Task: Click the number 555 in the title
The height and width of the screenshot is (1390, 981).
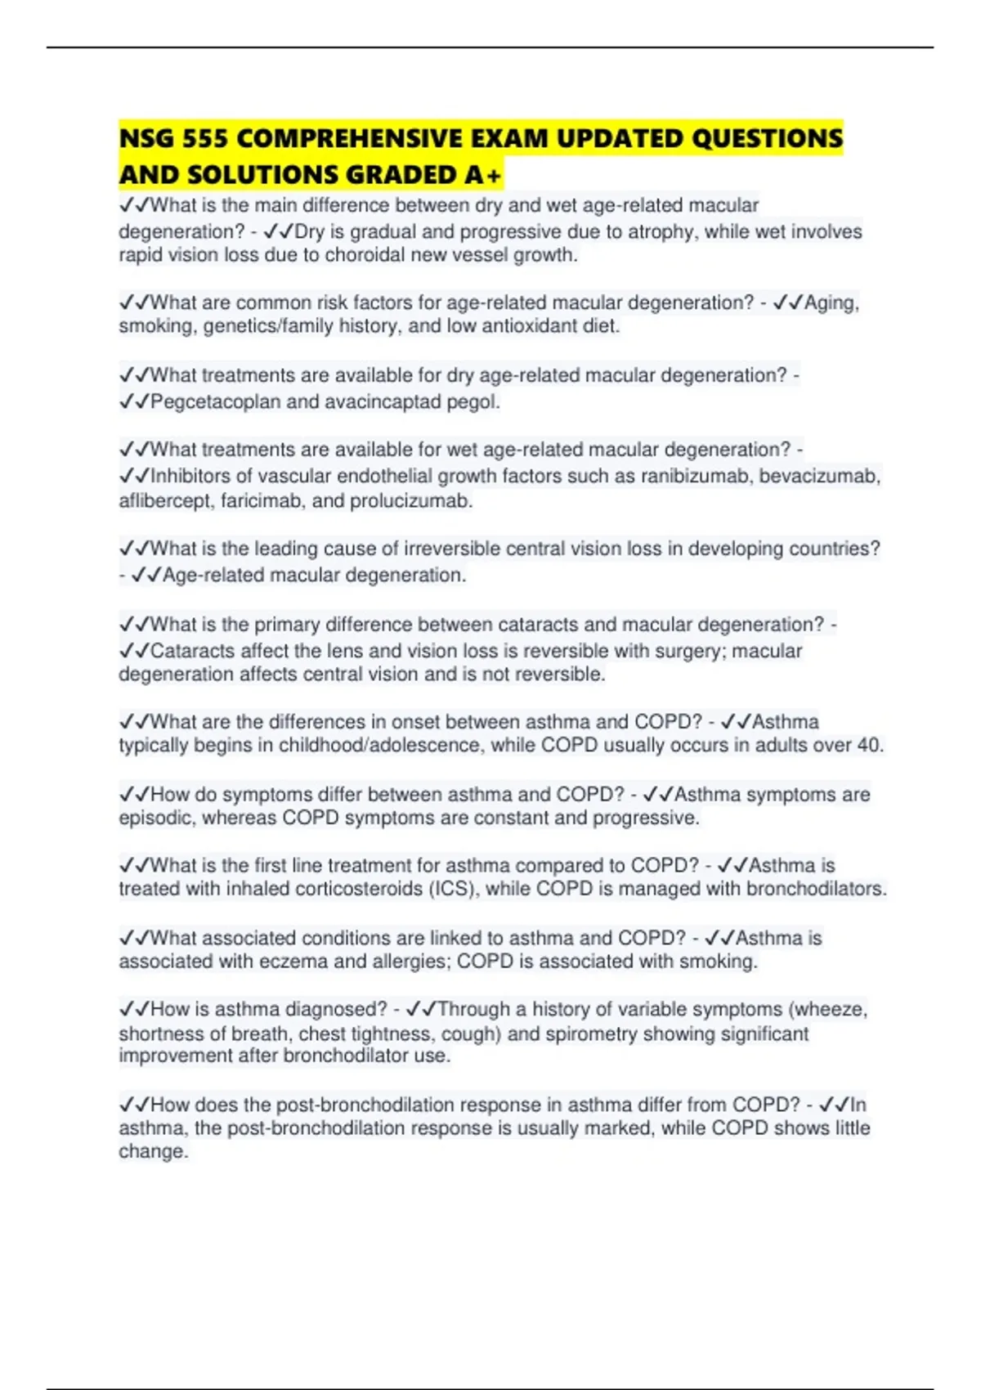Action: coord(205,139)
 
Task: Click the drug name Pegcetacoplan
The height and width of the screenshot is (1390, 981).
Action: coord(216,402)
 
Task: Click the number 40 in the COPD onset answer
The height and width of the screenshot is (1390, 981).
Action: coord(867,746)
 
